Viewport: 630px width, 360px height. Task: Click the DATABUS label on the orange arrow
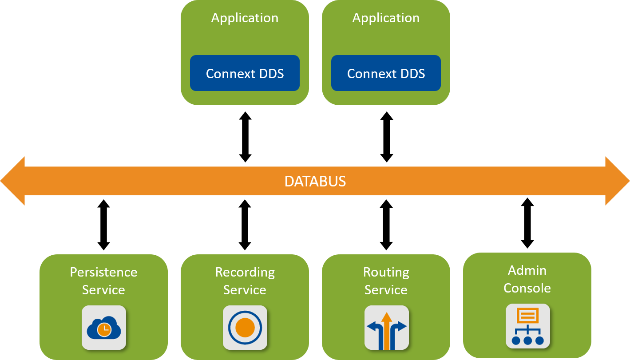[x=315, y=181]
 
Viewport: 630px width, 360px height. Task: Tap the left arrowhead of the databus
[x=12, y=181]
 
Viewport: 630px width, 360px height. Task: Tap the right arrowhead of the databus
[x=618, y=181]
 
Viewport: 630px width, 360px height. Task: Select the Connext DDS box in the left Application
[x=245, y=73]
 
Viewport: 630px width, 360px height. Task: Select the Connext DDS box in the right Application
[x=386, y=73]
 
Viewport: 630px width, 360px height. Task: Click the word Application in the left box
[x=245, y=18]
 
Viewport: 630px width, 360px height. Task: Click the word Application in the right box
[x=386, y=18]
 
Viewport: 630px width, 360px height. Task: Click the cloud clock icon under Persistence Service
[x=104, y=328]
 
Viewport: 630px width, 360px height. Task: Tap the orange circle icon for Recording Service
[x=245, y=328]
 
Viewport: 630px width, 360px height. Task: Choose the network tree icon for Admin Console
[x=527, y=326]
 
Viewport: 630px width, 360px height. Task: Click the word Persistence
[x=103, y=272]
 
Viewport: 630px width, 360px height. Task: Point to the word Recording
[x=245, y=272]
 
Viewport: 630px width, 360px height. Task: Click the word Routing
[x=386, y=272]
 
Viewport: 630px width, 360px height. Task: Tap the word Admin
[x=527, y=270]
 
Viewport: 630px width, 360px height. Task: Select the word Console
[x=527, y=288]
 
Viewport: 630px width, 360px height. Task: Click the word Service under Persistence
[x=103, y=290]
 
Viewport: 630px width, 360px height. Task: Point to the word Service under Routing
[x=386, y=290]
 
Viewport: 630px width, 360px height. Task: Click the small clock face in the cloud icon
[x=104, y=329]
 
